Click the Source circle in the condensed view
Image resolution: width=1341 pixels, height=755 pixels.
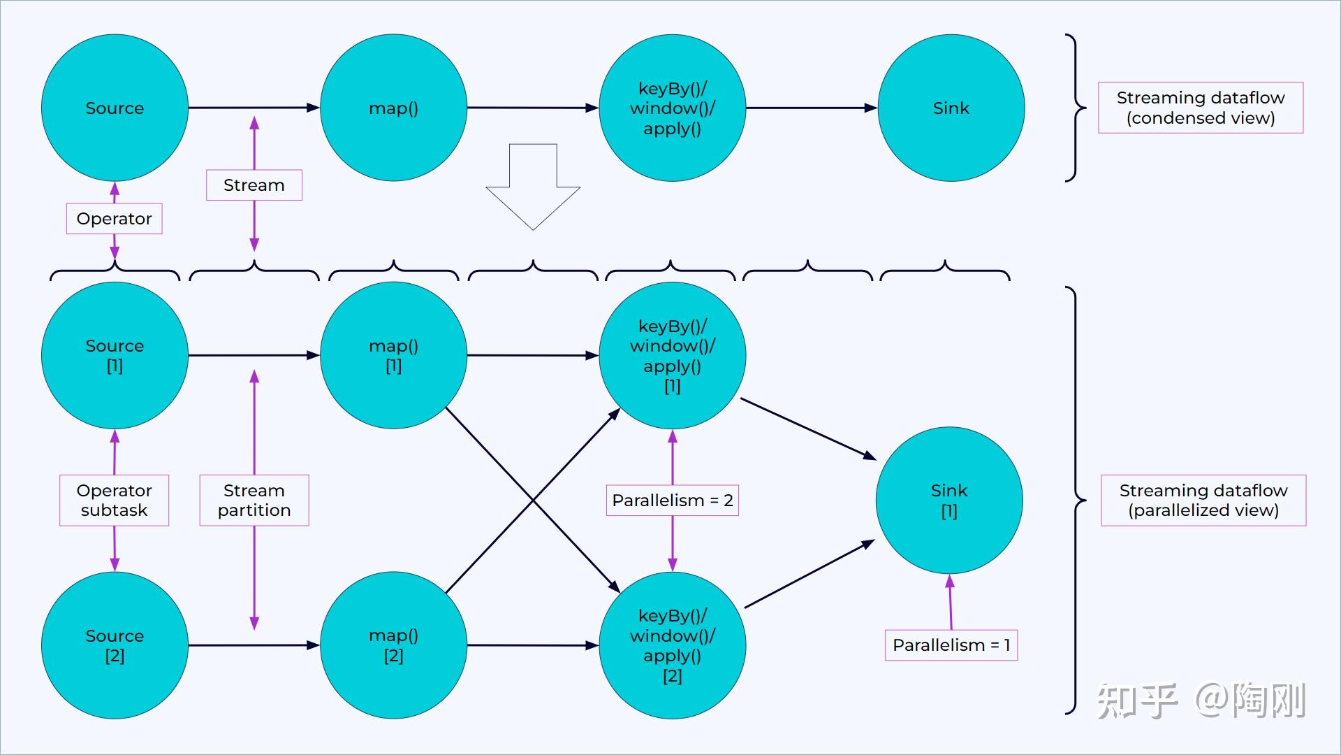(115, 108)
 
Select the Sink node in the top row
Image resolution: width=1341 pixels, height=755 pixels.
(951, 108)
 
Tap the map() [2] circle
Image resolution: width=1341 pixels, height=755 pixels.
(393, 645)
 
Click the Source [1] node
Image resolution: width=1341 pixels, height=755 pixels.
(115, 355)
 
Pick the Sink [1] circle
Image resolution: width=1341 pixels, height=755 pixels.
(949, 501)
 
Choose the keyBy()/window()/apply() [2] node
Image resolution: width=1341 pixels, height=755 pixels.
(673, 645)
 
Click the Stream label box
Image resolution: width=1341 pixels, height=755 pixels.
(254, 185)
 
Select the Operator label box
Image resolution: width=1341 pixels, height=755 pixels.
(115, 219)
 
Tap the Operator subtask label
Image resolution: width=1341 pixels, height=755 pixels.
(115, 501)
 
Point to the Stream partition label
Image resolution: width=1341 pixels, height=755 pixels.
(254, 501)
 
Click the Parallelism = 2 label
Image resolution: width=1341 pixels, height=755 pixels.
(673, 501)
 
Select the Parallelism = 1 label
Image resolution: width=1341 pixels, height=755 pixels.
(951, 645)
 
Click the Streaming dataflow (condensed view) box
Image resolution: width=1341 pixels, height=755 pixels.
(1201, 108)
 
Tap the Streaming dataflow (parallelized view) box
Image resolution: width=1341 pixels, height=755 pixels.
(1203, 501)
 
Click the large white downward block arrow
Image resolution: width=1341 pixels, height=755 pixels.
(533, 187)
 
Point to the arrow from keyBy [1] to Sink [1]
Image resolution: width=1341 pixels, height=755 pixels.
(809, 429)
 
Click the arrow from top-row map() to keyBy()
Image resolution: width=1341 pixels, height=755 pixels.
(533, 108)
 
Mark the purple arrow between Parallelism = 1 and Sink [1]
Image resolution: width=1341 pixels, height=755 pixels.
(950, 602)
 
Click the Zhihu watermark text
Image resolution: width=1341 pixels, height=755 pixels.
(1201, 700)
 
